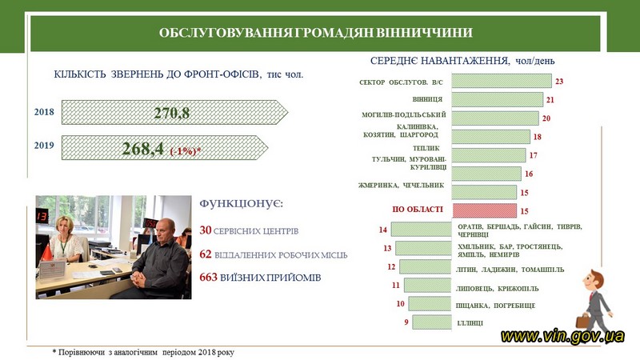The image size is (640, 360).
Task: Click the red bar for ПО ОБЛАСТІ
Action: click(484, 210)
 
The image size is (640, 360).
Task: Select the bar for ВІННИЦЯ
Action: click(497, 99)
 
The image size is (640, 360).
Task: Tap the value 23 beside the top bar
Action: click(559, 82)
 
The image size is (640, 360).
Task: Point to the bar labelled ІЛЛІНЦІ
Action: click(432, 322)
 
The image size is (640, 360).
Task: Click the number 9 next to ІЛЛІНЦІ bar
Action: click(406, 322)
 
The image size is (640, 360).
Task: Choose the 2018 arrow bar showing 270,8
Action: click(174, 112)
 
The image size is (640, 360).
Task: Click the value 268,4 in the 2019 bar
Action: click(143, 148)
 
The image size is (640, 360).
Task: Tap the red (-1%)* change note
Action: click(186, 151)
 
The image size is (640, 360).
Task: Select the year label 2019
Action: click(44, 146)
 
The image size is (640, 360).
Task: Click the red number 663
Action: click(208, 277)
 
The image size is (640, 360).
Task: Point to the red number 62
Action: click(206, 254)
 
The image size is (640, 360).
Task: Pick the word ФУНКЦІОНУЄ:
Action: click(242, 203)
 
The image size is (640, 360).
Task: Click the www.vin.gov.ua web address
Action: click(562, 336)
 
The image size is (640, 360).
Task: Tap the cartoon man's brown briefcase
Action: click(582, 322)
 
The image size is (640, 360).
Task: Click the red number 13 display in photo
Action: click(42, 216)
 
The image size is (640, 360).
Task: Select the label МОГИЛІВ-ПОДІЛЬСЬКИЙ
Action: click(404, 114)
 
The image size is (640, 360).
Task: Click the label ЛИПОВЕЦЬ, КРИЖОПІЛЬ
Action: click(497, 289)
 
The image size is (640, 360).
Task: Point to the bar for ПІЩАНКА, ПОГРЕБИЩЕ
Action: click(430, 304)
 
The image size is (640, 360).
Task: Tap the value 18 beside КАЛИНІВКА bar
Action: click(537, 137)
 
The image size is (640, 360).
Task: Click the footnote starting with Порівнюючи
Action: click(143, 352)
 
